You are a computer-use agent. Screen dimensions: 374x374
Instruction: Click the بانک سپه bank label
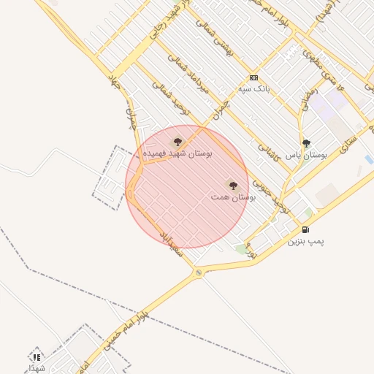point(254,88)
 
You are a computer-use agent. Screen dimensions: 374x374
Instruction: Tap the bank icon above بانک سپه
point(253,77)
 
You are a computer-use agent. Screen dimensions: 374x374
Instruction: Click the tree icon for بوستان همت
point(233,186)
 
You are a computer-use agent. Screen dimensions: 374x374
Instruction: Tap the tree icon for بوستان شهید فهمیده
point(178,142)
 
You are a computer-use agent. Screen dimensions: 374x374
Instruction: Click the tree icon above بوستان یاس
point(306,144)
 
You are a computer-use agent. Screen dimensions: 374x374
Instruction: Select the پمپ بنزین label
point(305,240)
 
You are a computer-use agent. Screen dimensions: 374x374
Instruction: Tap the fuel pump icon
point(305,229)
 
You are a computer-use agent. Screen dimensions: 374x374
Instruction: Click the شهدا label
point(36,367)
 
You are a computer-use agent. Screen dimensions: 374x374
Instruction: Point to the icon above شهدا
point(36,357)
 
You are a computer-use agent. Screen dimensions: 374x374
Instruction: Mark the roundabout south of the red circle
point(199,272)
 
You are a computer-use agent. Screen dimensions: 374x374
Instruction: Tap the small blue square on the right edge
point(369,159)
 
